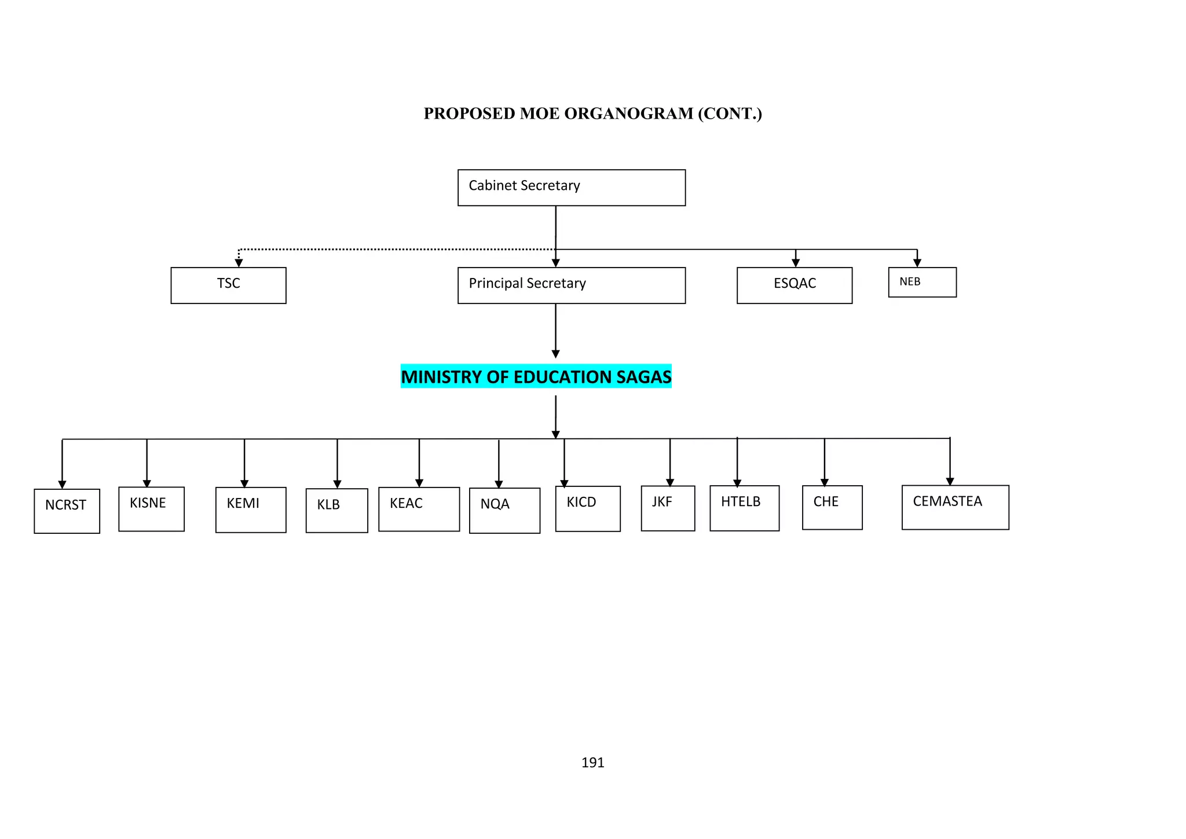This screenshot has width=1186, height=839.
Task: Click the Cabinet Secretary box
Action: (571, 188)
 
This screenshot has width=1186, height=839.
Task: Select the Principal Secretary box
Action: (571, 285)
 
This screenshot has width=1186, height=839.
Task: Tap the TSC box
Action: (228, 285)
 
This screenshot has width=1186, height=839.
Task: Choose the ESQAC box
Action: (794, 285)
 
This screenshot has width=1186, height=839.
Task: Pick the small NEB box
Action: (922, 283)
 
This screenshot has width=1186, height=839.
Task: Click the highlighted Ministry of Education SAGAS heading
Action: (536, 376)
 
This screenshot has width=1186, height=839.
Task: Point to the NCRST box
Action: (67, 511)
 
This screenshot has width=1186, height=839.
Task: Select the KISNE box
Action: (151, 508)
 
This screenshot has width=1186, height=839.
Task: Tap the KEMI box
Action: (250, 510)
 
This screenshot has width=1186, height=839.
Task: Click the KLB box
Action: (336, 510)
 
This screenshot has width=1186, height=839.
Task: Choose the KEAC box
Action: (419, 509)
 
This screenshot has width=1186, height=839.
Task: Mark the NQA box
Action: (504, 510)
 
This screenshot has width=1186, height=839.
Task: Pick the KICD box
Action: (588, 508)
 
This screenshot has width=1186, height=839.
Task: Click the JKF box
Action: (668, 508)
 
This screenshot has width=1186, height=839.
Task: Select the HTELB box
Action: (744, 508)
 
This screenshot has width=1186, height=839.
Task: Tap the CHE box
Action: (832, 507)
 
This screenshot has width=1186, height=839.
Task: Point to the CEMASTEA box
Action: (955, 507)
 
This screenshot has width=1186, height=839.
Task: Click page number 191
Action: (592, 763)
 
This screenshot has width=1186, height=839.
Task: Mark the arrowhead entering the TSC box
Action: (239, 263)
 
